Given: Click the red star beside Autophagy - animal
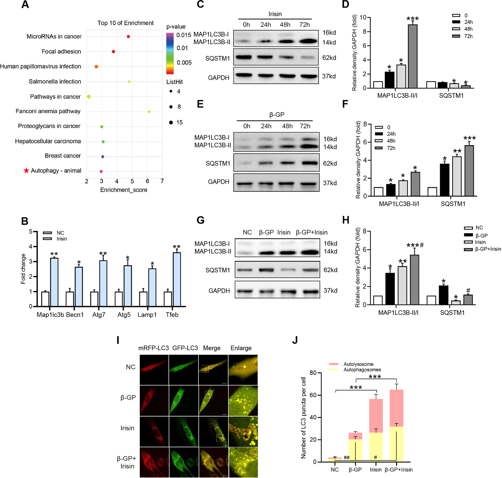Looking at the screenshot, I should (26, 170).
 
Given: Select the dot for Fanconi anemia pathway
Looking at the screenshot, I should (149, 112).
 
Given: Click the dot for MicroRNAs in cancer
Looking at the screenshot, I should (128, 36).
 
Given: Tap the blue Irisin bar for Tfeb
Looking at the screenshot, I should (177, 279).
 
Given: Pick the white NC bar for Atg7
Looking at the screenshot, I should (94, 299).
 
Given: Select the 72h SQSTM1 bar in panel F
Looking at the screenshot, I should (469, 170).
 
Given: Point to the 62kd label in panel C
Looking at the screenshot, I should (329, 58).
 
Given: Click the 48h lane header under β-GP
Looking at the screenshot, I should (287, 126).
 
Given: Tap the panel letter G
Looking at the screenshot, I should (201, 220).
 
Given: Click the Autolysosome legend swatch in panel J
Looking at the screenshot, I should (334, 364).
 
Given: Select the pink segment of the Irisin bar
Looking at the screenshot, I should (376, 416).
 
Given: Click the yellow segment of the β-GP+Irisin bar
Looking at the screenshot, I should (396, 444).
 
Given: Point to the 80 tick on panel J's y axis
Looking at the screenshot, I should (313, 373).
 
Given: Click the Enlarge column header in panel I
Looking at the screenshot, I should (241, 348).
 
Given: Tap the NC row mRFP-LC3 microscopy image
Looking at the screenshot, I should (154, 370).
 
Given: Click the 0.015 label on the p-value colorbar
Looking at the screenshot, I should (184, 35).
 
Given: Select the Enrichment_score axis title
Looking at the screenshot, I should (124, 190).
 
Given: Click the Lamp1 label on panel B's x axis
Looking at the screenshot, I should (147, 315).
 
